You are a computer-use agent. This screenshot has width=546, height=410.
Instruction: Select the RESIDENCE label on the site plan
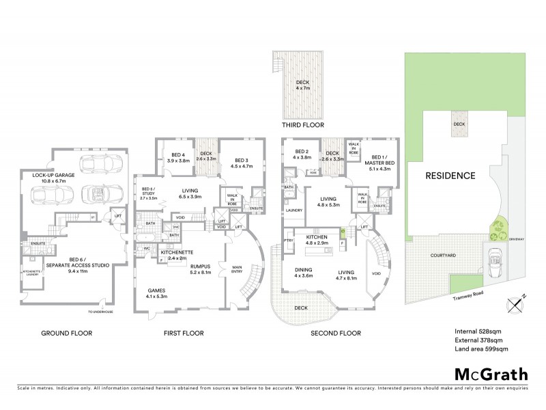(x=450, y=176)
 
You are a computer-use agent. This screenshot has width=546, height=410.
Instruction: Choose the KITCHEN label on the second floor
(x=317, y=239)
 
